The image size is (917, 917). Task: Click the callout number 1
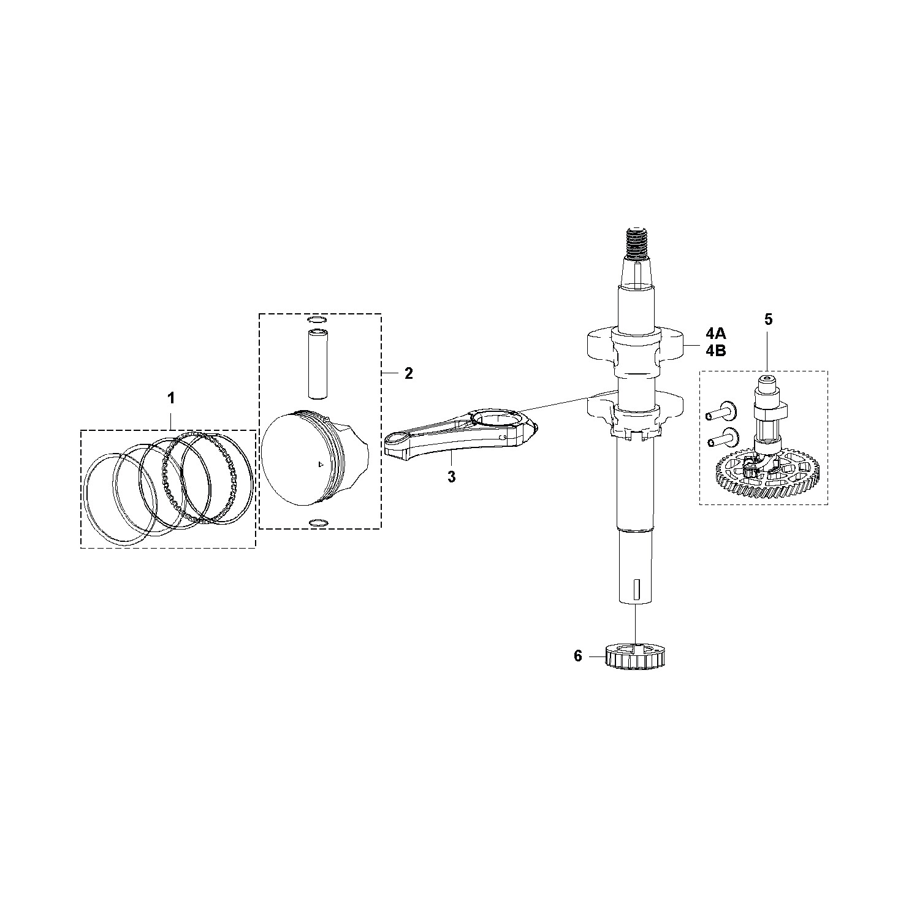pos(172,398)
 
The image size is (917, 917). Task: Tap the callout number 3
pos(452,477)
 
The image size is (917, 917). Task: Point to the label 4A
pos(715,333)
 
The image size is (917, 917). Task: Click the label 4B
pos(715,351)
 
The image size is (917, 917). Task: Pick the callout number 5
pos(769,319)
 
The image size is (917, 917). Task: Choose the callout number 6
pos(577,656)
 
